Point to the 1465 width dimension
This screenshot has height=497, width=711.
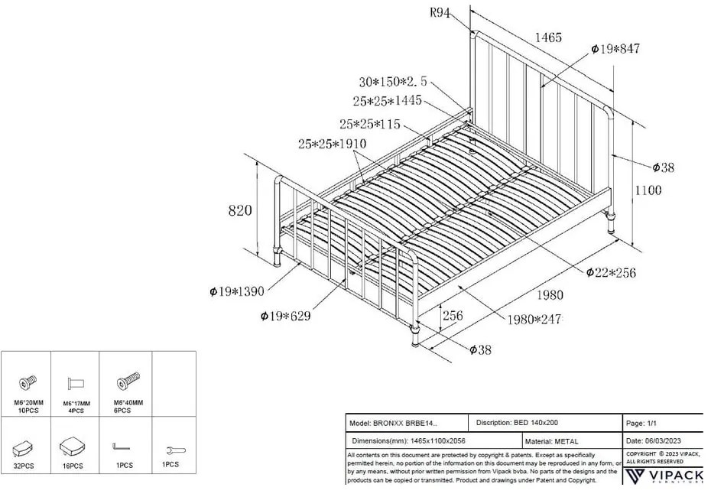(548, 37)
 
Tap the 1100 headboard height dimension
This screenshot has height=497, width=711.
(648, 191)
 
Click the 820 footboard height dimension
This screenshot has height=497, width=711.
(240, 210)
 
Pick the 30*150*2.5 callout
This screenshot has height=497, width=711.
(393, 83)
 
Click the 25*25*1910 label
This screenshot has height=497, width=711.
(333, 144)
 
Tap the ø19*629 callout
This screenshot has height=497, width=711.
(285, 316)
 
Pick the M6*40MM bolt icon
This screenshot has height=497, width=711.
(125, 382)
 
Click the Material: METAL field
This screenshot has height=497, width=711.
(552, 441)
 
